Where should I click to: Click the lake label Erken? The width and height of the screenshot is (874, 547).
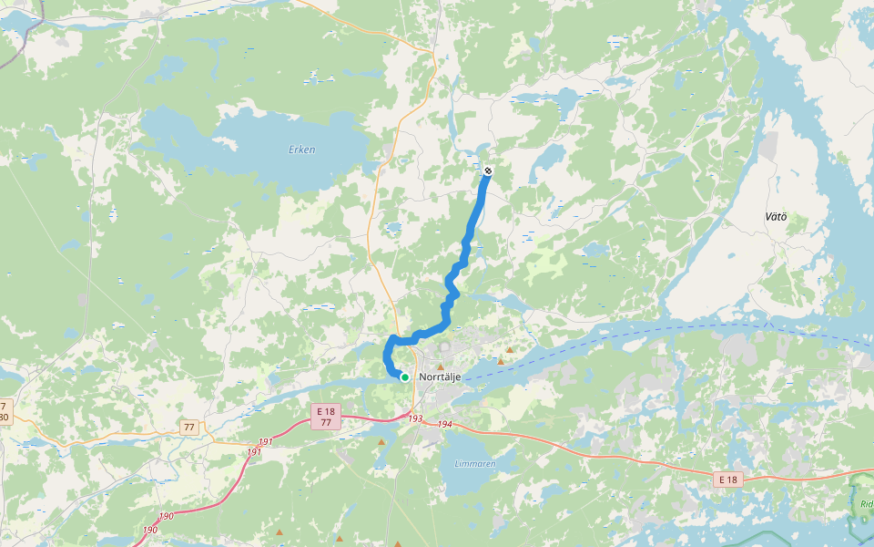(301, 150)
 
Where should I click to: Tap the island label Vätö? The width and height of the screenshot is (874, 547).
(775, 216)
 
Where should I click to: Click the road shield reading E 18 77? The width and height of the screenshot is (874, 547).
(326, 417)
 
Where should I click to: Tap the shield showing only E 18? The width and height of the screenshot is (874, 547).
(727, 480)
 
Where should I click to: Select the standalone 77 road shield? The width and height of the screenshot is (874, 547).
(189, 427)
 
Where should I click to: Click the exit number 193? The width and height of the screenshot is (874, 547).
(415, 419)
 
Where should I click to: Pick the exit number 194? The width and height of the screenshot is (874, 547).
(444, 425)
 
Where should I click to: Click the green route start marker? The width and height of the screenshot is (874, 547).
(404, 376)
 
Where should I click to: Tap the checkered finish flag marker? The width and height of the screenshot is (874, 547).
(488, 170)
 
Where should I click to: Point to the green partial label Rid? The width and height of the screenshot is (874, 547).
(866, 504)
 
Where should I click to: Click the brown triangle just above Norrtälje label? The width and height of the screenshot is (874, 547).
(441, 366)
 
